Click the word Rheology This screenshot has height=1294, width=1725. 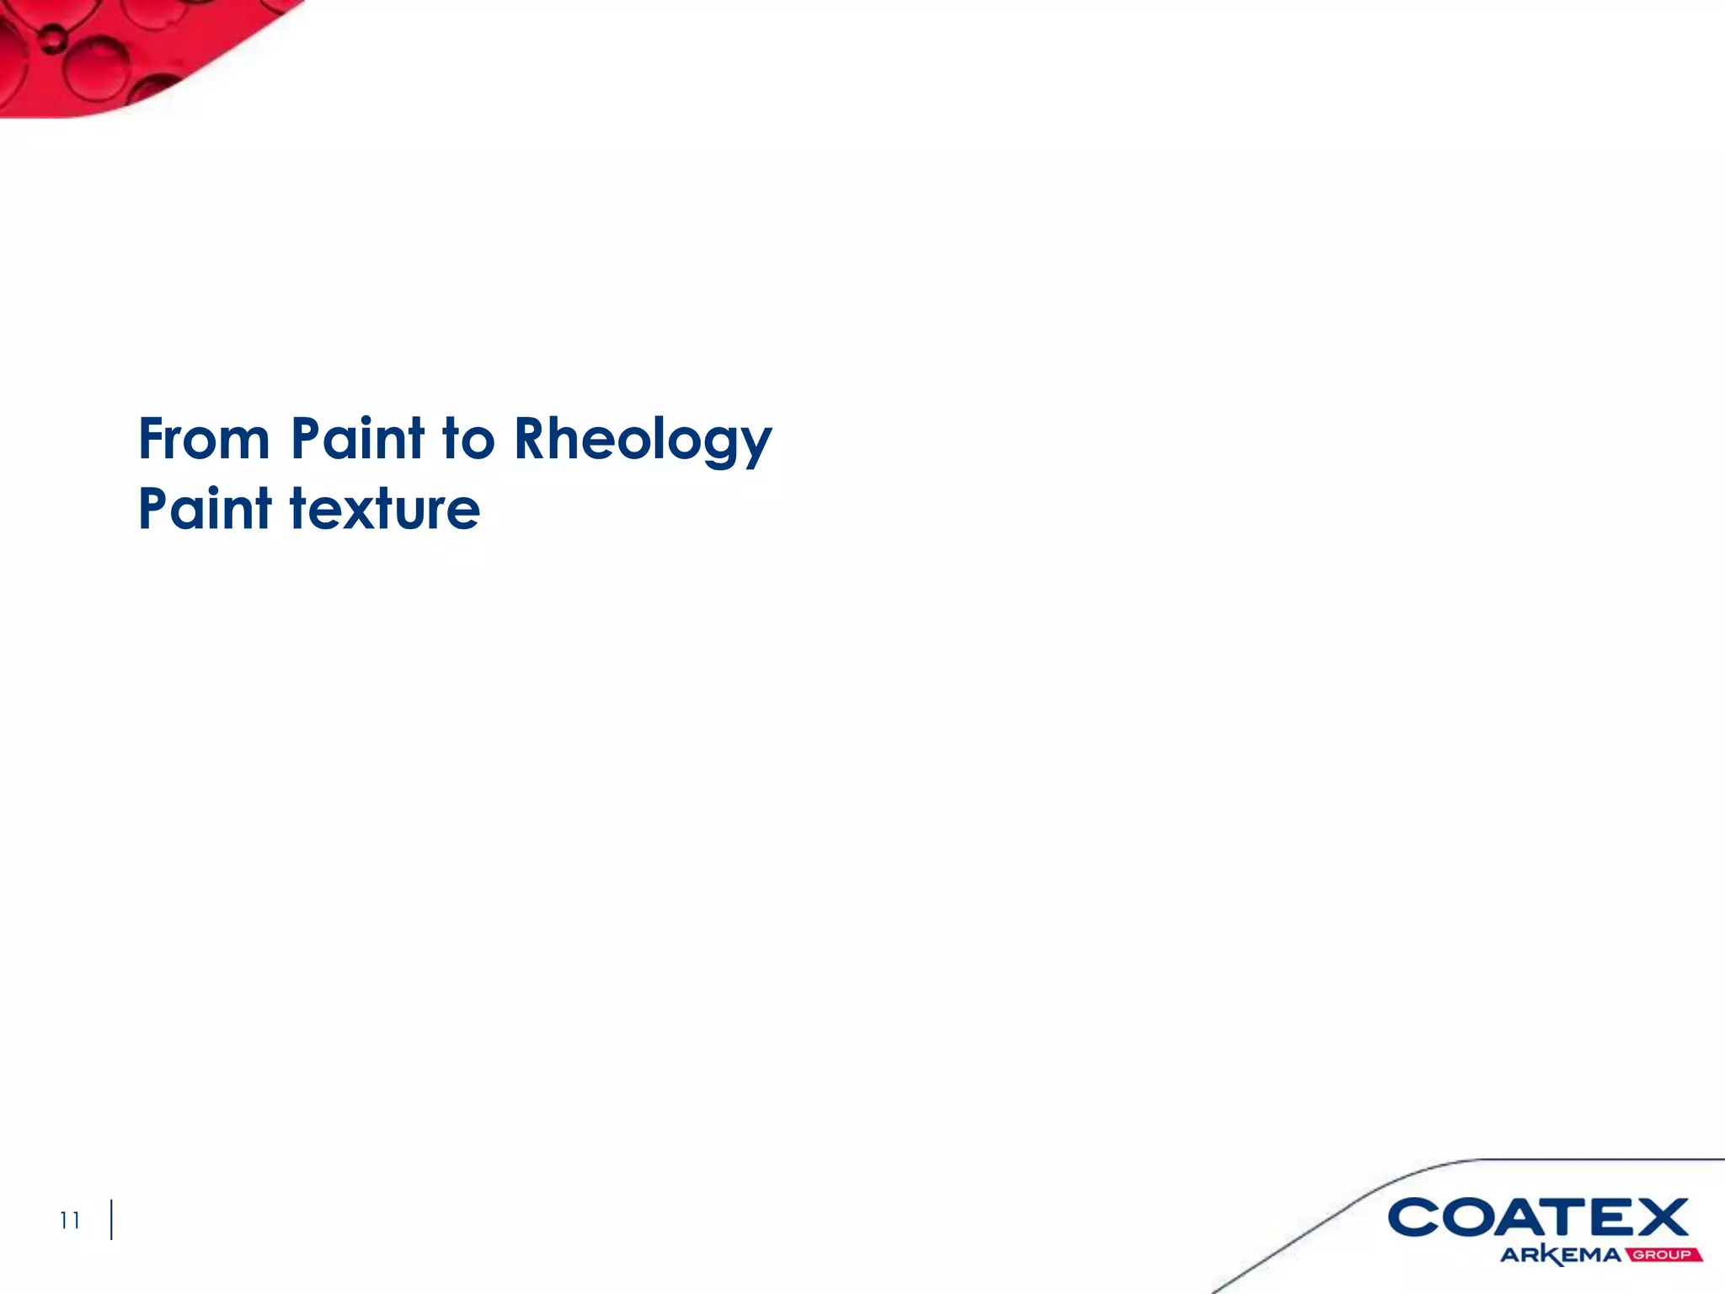tap(643, 441)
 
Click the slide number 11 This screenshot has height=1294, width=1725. tap(70, 1220)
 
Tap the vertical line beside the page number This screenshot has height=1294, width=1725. tap(111, 1220)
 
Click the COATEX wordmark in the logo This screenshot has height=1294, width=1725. tap(1537, 1218)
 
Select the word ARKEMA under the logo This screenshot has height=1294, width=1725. tap(1560, 1254)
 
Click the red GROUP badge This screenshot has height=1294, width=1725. tap(1663, 1254)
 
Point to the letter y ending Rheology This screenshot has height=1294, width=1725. tap(756, 446)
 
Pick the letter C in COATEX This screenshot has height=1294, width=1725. tap(1414, 1218)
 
